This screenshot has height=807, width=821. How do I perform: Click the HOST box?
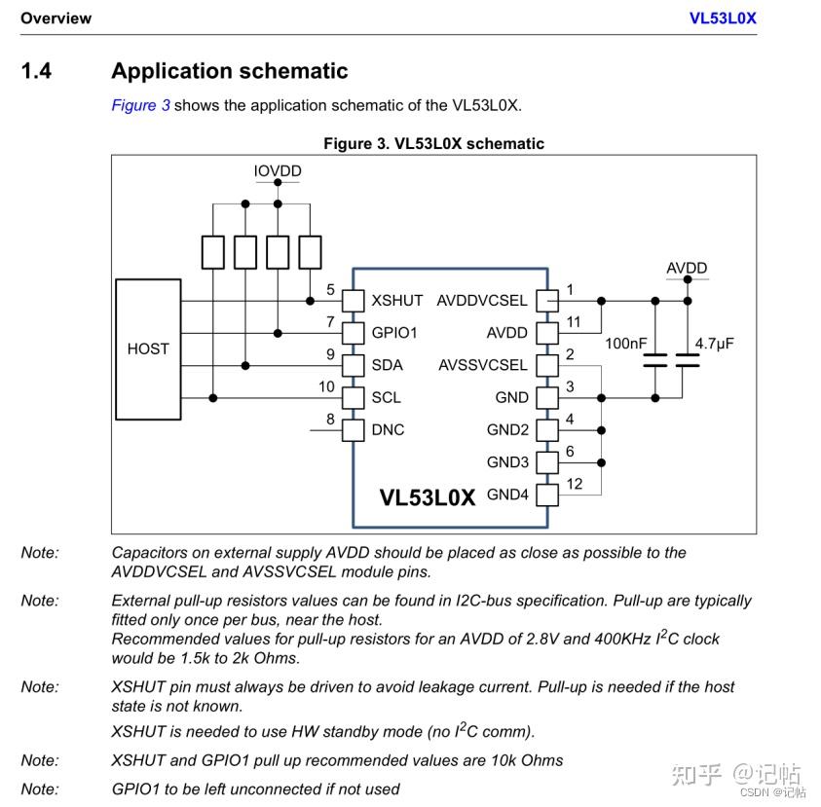pos(148,348)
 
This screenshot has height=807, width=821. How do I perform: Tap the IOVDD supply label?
pos(278,171)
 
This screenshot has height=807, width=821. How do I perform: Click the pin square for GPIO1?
pos(353,333)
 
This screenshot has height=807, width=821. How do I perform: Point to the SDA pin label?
pos(387,365)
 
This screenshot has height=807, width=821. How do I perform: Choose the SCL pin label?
pos(386,397)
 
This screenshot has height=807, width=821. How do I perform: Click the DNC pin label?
pos(388,429)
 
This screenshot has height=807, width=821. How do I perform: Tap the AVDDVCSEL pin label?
pos(481,301)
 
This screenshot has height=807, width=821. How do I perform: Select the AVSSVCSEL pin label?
pos(482,365)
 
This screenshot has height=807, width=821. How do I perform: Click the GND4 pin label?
pos(507,495)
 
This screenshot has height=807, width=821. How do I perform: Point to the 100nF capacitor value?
pos(624,344)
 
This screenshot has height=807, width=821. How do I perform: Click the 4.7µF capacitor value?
pos(714,344)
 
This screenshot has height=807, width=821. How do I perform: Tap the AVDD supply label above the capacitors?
pos(687,268)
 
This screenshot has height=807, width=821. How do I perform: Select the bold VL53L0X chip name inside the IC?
pos(427,497)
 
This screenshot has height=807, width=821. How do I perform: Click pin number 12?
pos(574,484)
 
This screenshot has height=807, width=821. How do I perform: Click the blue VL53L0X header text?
pos(723,18)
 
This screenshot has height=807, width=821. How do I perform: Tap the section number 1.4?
pos(37,71)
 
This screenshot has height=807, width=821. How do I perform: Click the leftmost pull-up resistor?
pos(213,251)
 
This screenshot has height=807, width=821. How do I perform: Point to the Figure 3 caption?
pos(433,143)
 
